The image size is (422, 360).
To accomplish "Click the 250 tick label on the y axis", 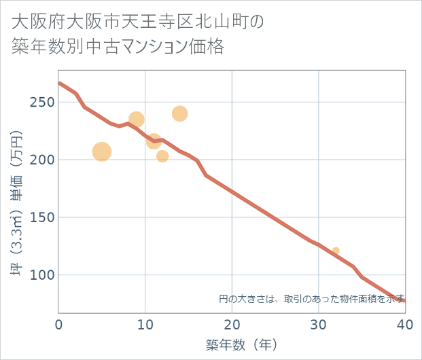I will (42, 103).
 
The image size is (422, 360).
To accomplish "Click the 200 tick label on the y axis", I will (42, 160).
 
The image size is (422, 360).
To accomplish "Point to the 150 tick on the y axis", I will (42, 218).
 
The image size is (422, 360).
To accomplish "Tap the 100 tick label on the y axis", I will (42, 276).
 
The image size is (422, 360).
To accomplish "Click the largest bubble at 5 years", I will (102, 151).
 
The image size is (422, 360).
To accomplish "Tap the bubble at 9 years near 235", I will (137, 120).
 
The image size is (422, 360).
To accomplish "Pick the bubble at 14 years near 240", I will (180, 113).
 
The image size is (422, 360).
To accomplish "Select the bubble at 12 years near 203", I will (162, 156).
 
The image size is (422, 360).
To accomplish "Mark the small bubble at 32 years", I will (336, 251).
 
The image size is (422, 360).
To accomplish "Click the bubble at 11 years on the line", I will (154, 141).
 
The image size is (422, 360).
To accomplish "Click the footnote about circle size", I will (312, 298).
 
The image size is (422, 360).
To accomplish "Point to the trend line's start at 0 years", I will (60, 83).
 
